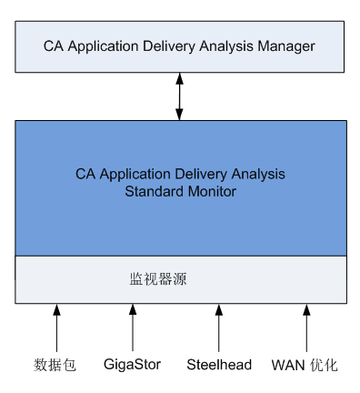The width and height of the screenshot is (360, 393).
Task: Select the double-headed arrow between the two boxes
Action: [180, 96]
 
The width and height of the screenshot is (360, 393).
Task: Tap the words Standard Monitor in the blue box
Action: [180, 192]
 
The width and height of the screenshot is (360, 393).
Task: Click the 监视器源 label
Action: [157, 279]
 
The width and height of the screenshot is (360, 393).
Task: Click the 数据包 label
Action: [55, 366]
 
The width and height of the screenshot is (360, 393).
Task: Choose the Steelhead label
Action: [218, 366]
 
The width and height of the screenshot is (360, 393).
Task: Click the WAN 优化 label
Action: [305, 366]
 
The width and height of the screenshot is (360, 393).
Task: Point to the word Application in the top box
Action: [102, 45]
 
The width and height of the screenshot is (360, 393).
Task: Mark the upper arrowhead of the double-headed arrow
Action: [180, 79]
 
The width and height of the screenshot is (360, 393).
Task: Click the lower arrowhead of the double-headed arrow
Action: [180, 113]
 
